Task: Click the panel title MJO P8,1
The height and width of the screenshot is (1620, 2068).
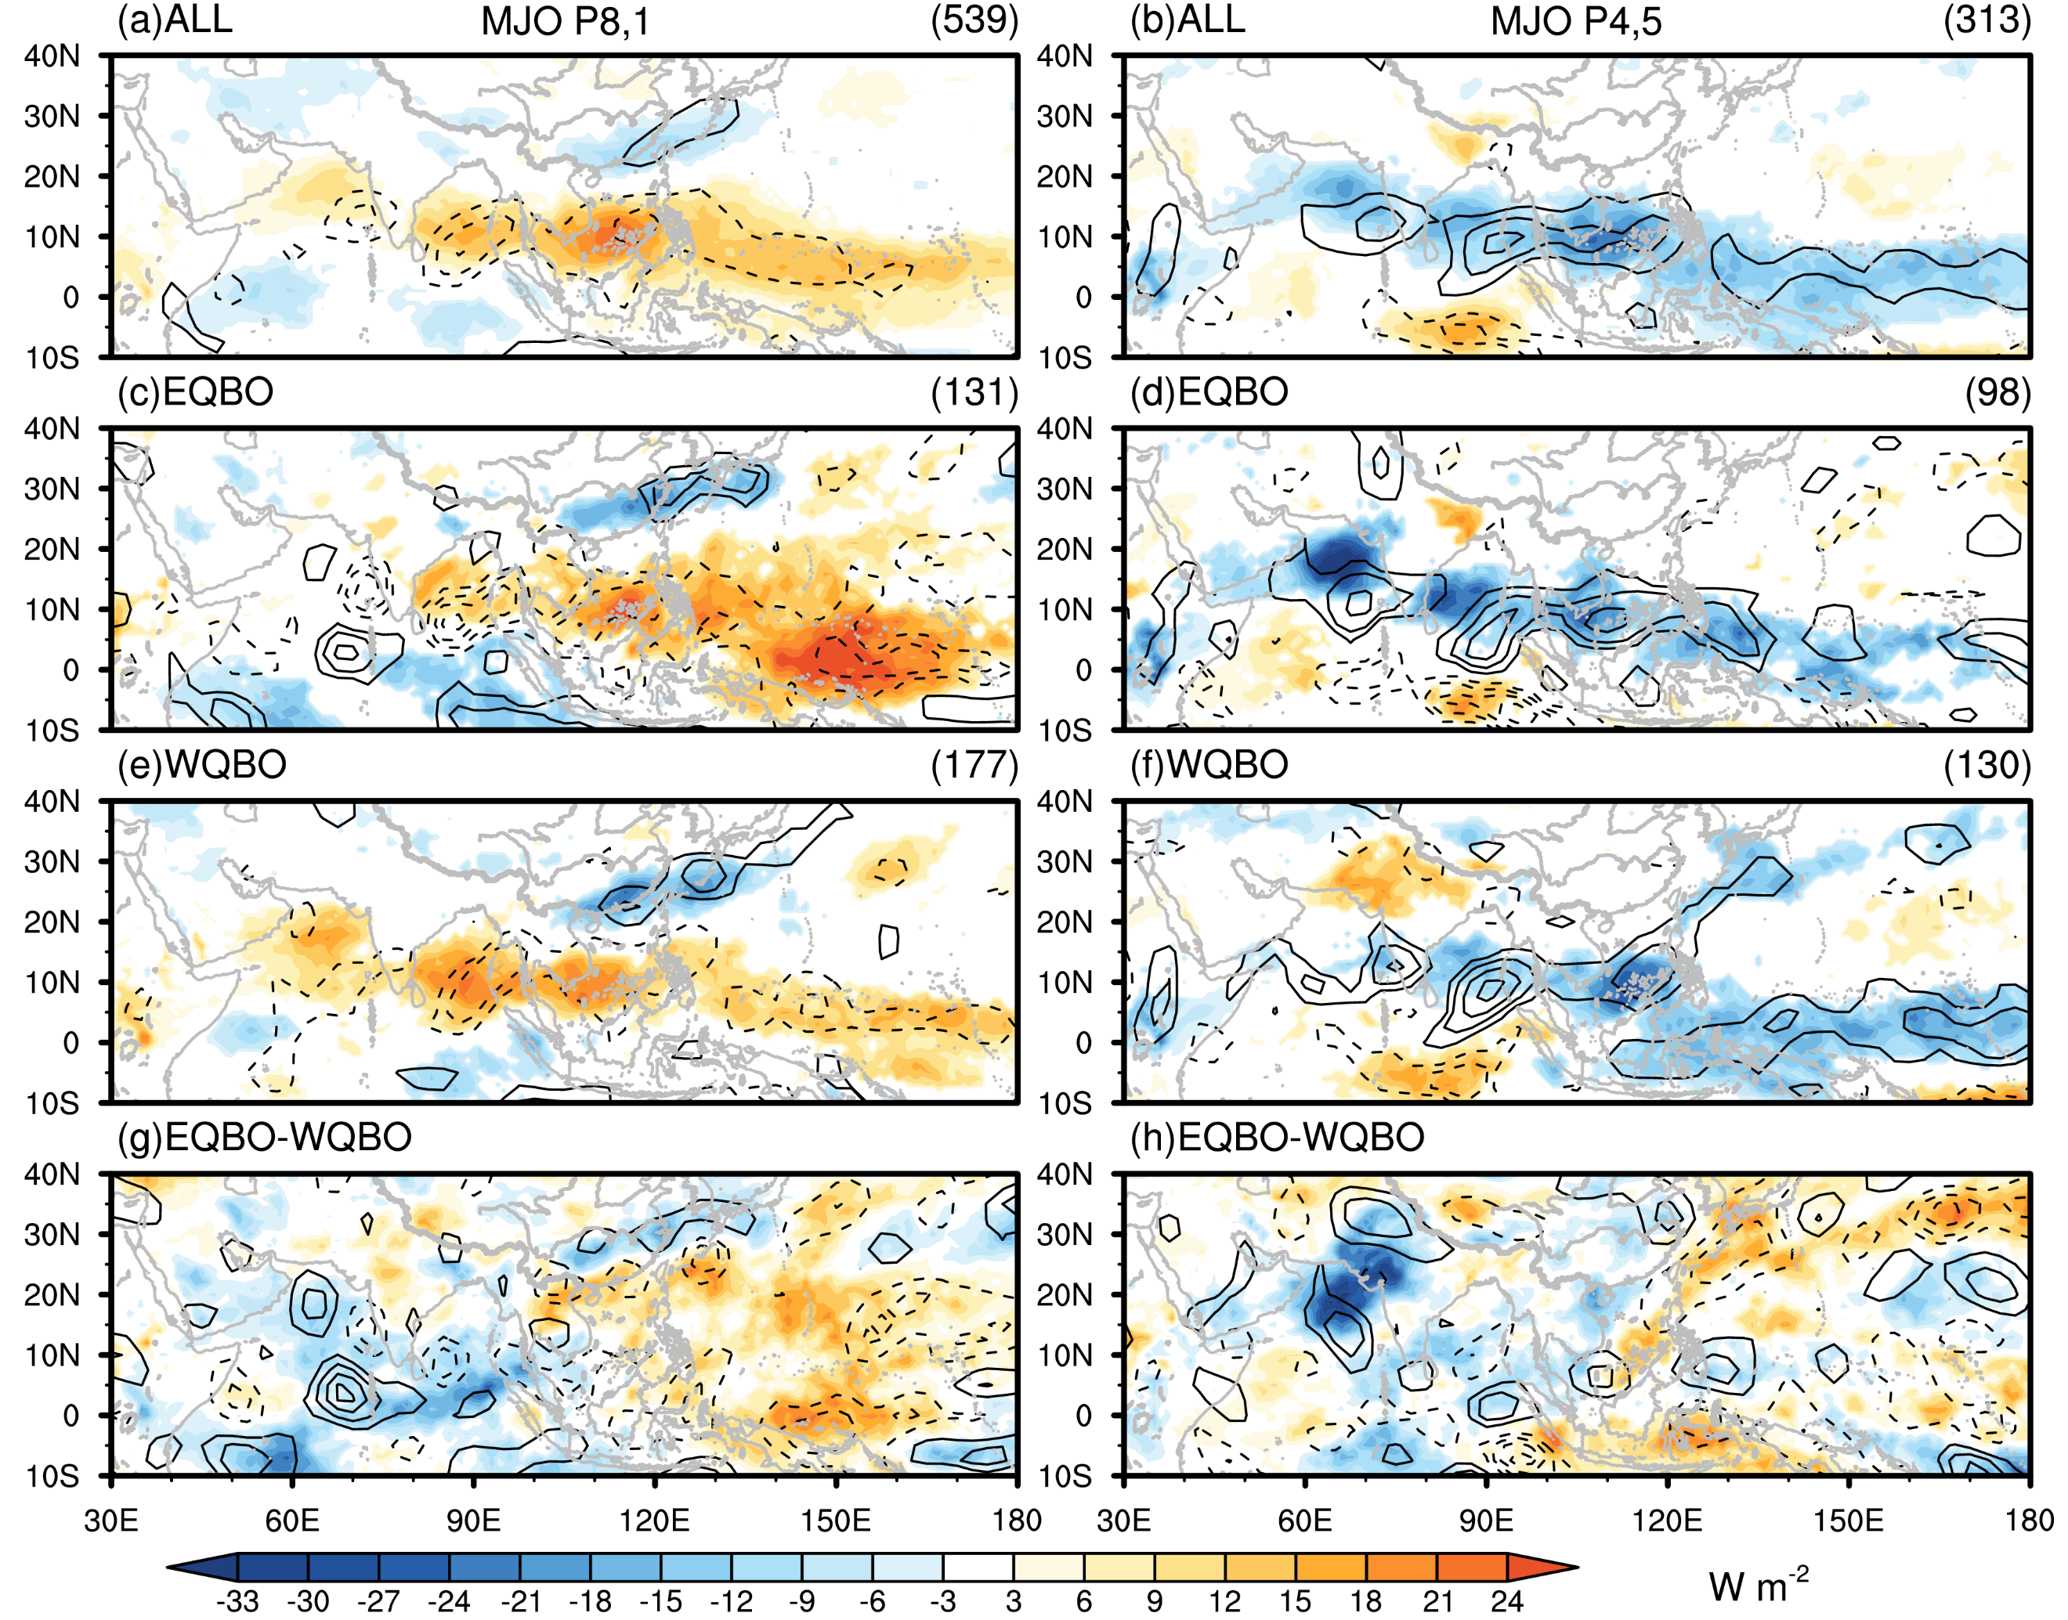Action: tap(566, 21)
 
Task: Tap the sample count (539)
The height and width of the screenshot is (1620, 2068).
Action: tap(974, 20)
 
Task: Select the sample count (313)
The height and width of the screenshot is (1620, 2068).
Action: tap(1987, 20)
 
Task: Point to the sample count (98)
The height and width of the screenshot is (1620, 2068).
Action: tap(1997, 391)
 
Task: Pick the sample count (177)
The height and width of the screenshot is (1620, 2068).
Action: tap(974, 764)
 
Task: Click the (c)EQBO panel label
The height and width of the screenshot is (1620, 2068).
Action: tap(195, 391)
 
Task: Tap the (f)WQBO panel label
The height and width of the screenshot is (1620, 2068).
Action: tap(1209, 764)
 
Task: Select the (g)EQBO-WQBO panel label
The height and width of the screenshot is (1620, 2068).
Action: tap(265, 1137)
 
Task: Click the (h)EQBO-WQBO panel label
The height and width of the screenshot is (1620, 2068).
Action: tap(1277, 1137)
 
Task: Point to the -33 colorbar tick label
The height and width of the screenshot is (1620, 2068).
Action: tap(237, 1601)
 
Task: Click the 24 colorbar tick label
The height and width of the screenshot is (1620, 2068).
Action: tap(1506, 1601)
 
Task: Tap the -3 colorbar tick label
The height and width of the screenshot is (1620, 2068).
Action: tap(942, 1601)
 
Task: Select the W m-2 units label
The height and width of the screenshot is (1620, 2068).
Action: tap(1758, 1584)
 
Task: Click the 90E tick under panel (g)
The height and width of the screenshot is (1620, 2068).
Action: tap(473, 1521)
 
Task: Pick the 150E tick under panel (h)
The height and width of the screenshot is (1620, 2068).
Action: tap(1849, 1521)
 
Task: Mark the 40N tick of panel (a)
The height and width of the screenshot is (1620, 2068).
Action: tap(52, 56)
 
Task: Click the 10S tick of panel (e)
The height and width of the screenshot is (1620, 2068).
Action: tap(52, 1104)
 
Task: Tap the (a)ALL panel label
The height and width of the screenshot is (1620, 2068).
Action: tap(175, 20)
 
